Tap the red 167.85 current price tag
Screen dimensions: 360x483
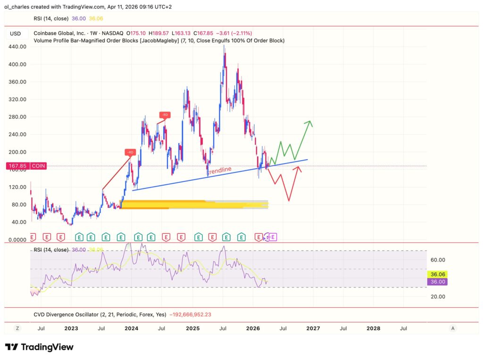17,166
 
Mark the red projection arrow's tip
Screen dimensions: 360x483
300,166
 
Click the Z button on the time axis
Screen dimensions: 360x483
17,328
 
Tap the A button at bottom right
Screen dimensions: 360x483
453,328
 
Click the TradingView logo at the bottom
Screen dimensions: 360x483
40,347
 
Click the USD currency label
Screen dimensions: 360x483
16,33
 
